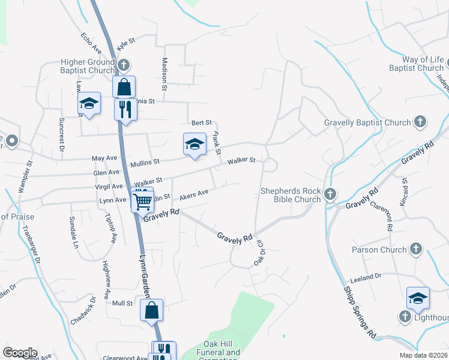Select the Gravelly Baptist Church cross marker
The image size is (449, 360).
click(x=420, y=122)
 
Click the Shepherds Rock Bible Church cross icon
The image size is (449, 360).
click(x=330, y=194)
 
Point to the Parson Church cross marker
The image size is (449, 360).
click(x=417, y=249)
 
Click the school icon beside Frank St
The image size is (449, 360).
click(x=194, y=145)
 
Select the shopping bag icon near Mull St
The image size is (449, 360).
click(x=151, y=311)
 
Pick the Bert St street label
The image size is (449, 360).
click(x=199, y=123)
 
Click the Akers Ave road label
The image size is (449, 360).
click(x=194, y=193)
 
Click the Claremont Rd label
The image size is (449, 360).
click(x=389, y=217)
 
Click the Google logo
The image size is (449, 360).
click(x=20, y=352)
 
